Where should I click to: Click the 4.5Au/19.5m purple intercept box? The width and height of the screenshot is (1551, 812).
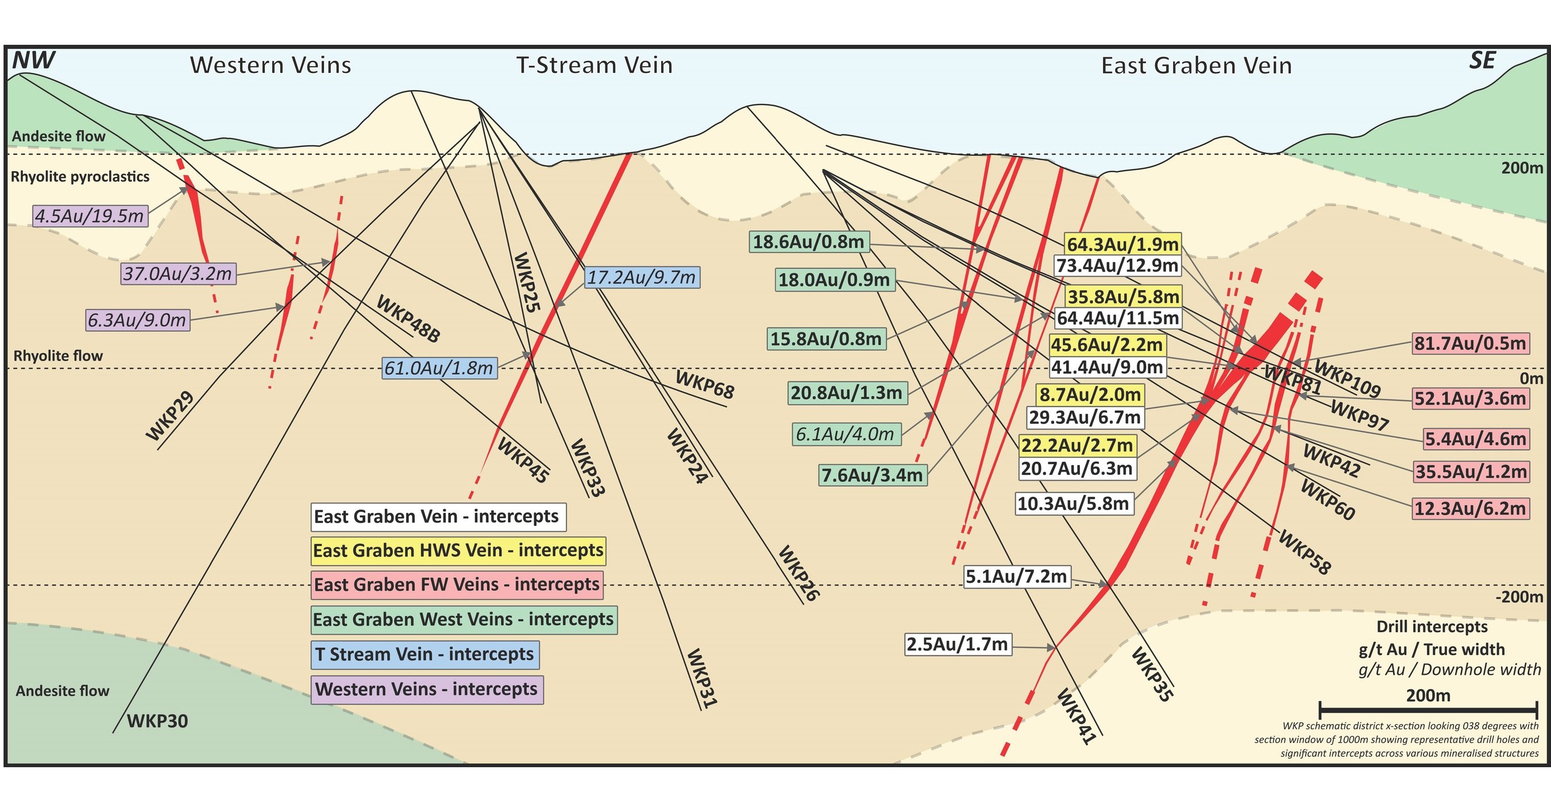pyautogui.click(x=90, y=216)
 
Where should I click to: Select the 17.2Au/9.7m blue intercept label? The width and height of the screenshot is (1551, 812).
pyautogui.click(x=642, y=277)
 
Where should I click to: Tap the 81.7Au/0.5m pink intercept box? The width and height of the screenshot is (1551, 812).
pyautogui.click(x=1470, y=344)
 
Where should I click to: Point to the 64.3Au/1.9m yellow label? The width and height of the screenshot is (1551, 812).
pyautogui.click(x=1122, y=245)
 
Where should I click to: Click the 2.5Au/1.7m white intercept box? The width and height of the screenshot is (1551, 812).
pyautogui.click(x=958, y=644)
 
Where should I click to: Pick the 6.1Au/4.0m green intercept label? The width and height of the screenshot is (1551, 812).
pyautogui.click(x=845, y=434)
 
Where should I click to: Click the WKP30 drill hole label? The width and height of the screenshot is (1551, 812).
pyautogui.click(x=157, y=721)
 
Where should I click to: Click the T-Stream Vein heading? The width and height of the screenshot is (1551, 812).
pyautogui.click(x=595, y=65)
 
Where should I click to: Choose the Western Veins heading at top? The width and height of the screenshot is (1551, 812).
pyautogui.click(x=271, y=65)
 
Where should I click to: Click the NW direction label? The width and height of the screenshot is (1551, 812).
pyautogui.click(x=34, y=60)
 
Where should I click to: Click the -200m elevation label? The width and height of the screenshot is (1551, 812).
pyautogui.click(x=1519, y=597)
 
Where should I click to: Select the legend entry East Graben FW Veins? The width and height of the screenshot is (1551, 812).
pyautogui.click(x=456, y=585)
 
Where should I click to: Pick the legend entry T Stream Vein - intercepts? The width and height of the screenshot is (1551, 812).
pyautogui.click(x=425, y=654)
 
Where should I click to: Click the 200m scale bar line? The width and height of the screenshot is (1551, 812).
pyautogui.click(x=1428, y=710)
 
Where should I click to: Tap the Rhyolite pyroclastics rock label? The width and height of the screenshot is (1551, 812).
pyautogui.click(x=80, y=176)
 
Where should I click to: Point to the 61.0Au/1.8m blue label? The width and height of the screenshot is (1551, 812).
pyautogui.click(x=439, y=368)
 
